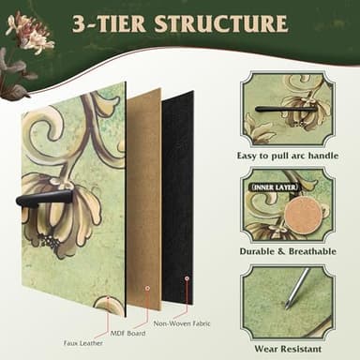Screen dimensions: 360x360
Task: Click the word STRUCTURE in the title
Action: click(x=220, y=23)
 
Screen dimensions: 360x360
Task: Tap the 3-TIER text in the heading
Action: click(x=109, y=23)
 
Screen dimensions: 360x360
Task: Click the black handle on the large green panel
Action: click(x=44, y=198)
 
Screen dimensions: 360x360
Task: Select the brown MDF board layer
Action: click(x=143, y=200)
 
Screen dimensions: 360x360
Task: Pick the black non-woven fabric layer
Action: click(x=177, y=200)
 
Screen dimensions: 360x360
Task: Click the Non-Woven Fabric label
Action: click(x=182, y=323)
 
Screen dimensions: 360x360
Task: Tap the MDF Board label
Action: click(x=127, y=333)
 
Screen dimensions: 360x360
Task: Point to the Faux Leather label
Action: click(x=83, y=343)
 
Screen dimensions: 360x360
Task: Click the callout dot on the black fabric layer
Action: click(x=187, y=278)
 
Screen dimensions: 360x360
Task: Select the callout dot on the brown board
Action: click(x=147, y=288)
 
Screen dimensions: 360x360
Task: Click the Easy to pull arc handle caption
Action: click(x=288, y=156)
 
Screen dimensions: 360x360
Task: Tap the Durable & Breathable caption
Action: click(x=288, y=251)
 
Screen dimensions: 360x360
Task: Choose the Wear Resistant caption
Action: click(x=288, y=349)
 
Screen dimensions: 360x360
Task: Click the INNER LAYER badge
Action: click(x=275, y=187)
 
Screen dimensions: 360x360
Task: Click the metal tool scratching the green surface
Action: click(x=295, y=288)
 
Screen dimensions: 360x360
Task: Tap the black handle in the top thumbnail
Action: click(x=286, y=109)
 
